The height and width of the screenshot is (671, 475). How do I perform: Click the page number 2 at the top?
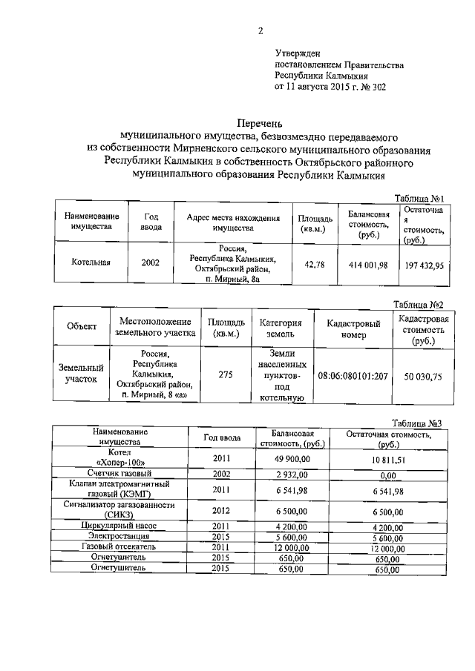pos(260,30)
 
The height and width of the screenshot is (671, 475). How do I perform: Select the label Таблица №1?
pos(419,199)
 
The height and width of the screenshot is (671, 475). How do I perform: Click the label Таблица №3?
pos(419,423)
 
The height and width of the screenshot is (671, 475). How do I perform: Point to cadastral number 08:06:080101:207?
pos(353,376)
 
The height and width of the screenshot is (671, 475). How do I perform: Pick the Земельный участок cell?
pos(81,373)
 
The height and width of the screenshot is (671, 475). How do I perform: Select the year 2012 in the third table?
pos(222,511)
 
